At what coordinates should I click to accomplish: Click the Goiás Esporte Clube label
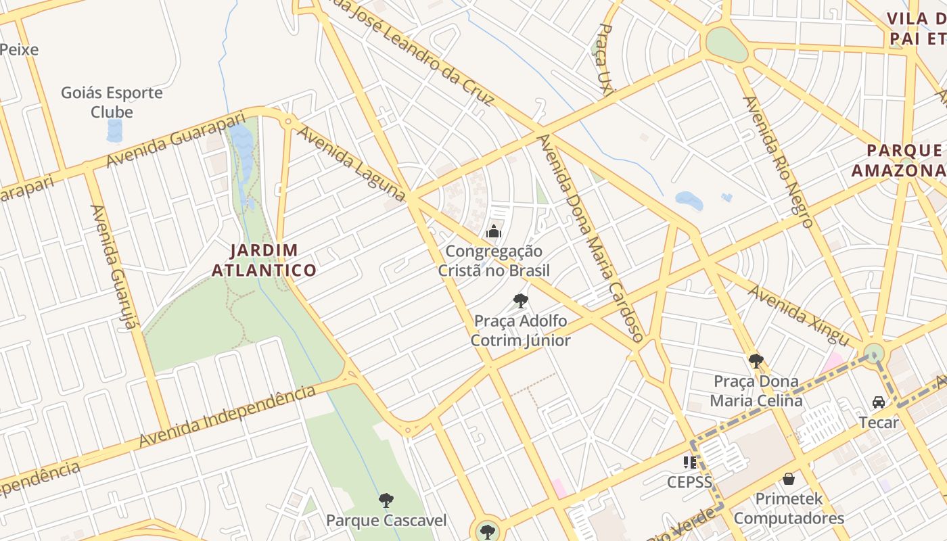coord(112,102)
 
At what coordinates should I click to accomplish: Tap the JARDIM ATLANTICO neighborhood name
coord(264,260)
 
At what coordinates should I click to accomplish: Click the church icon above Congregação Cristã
coord(494,232)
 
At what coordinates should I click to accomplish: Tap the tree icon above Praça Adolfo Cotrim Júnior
coord(520,301)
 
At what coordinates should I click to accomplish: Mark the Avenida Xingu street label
coord(799,314)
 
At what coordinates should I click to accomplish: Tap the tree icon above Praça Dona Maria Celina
coord(756,361)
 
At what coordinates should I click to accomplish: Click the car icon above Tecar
coord(879,402)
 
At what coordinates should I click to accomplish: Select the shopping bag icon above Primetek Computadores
coord(789,479)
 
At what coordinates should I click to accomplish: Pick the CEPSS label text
coord(690,482)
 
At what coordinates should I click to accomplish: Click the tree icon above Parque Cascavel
coord(386,500)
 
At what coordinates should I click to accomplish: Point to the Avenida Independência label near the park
coord(227,416)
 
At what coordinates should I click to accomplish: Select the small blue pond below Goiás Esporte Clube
coord(115,131)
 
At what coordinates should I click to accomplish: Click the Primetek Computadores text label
coord(789,509)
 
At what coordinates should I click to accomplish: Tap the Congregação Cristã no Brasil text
coord(494,261)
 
